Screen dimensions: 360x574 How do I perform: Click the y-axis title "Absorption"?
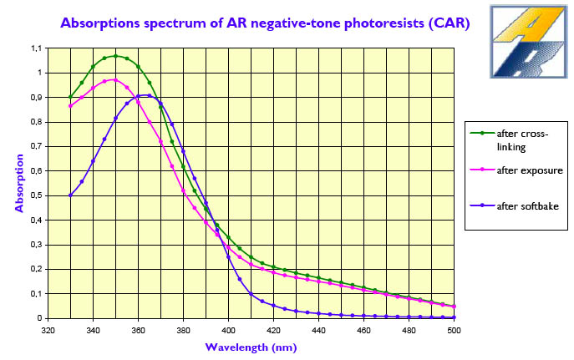pos(18,181)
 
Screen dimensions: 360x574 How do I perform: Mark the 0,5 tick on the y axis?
pos(33,195)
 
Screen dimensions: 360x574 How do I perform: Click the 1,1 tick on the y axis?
pos(33,48)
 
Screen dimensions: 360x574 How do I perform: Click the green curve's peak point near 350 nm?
pos(115,56)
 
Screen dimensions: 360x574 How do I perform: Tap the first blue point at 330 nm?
pos(70,195)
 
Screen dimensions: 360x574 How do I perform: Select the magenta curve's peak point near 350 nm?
pos(115,80)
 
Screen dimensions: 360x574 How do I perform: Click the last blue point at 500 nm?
pos(454,317)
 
